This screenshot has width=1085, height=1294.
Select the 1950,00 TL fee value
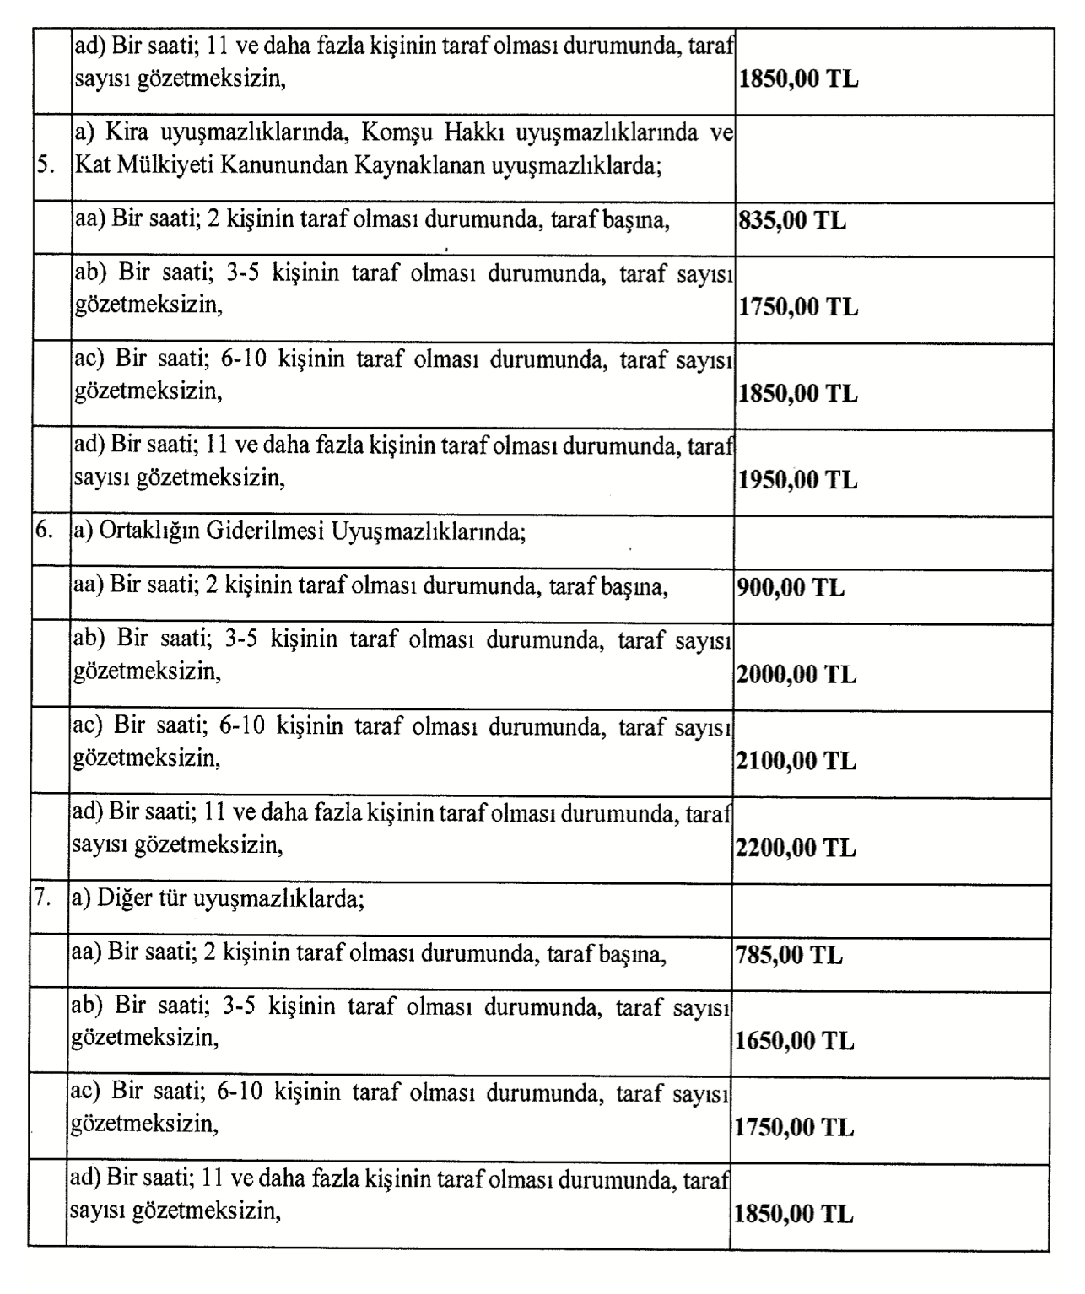tap(798, 480)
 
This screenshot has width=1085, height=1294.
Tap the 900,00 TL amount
tap(791, 588)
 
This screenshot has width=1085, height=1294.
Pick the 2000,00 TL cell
tap(796, 675)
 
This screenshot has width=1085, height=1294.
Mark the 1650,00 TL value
tap(795, 1042)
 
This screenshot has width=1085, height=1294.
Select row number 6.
tap(45, 531)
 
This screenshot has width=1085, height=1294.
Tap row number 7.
tap(44, 898)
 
